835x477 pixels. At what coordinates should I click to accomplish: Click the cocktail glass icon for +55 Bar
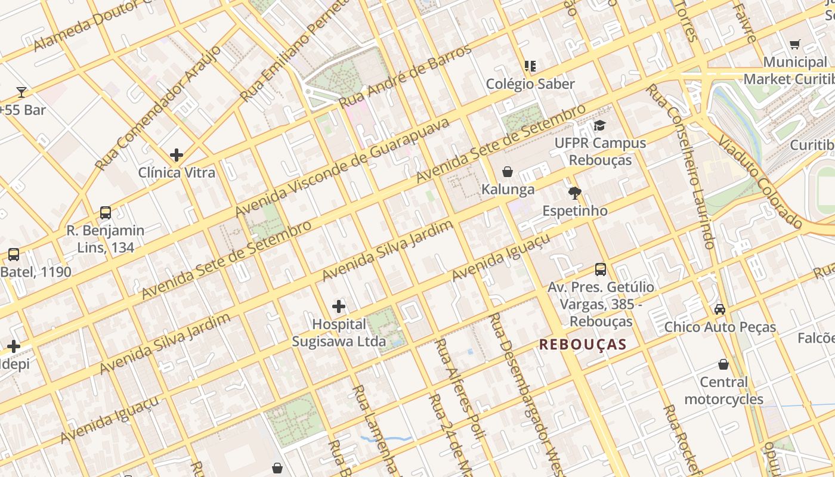[21, 92]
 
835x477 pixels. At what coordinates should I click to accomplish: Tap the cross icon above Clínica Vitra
[177, 155]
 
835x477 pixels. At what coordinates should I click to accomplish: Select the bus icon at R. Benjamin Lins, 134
[106, 212]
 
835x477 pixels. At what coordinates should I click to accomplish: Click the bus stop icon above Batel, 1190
[14, 255]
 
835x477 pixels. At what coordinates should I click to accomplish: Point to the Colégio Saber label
[530, 83]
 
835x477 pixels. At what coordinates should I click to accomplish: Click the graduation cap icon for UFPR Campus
[599, 125]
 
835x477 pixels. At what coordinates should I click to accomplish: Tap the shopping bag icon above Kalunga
[508, 172]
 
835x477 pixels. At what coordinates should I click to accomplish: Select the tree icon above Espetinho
[575, 193]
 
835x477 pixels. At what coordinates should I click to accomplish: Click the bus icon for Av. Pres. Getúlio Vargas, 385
[601, 269]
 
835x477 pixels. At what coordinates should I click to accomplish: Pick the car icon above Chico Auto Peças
[720, 309]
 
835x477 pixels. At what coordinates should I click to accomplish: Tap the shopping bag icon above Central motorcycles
[723, 364]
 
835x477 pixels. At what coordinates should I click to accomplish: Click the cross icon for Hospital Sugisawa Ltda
[339, 306]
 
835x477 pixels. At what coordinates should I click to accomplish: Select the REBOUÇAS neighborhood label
[583, 344]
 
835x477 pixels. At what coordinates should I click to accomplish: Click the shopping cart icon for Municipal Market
[794, 44]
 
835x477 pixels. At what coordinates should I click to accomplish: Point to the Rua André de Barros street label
[406, 76]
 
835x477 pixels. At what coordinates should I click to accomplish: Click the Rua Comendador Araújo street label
[158, 108]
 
